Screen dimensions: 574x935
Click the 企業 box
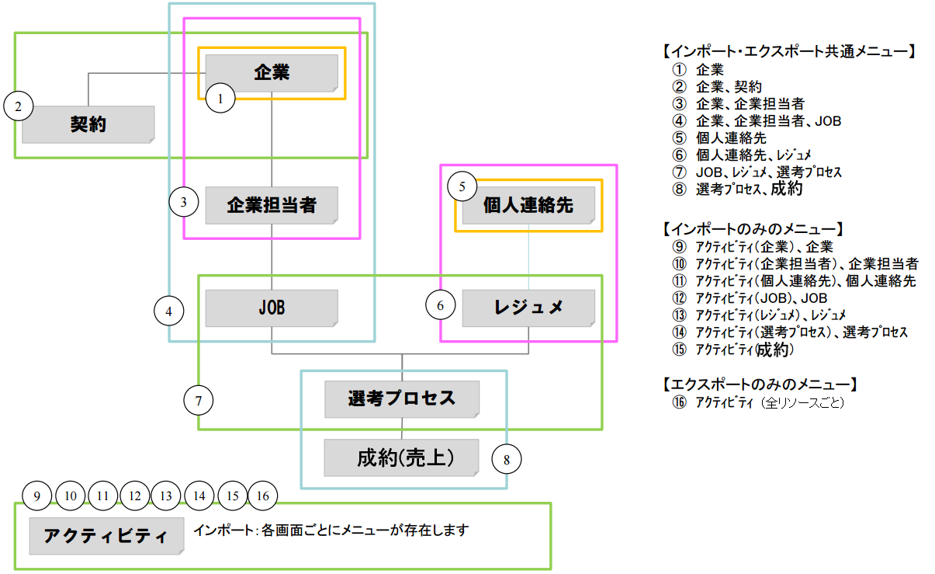[x=272, y=73]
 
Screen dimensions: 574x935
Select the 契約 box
[x=88, y=123]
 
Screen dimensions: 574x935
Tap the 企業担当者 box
[x=272, y=205]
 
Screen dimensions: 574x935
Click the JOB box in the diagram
[x=272, y=308]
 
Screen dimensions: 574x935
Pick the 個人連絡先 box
[x=528, y=205]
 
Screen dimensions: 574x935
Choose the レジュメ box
[x=528, y=308]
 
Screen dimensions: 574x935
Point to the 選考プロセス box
[x=402, y=399]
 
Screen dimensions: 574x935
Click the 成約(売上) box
[x=402, y=457]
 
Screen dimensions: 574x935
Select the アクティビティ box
[x=106, y=536]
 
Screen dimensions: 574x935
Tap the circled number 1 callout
[x=221, y=99]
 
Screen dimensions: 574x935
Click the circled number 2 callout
[x=19, y=106]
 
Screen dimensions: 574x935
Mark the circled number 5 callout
[x=462, y=186]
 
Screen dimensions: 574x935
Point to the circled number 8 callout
[x=507, y=459]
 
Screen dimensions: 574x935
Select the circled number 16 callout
[x=262, y=496]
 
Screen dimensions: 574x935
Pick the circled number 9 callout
[x=36, y=496]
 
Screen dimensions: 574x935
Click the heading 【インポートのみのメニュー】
[x=753, y=229]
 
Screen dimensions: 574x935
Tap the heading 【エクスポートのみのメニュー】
[x=758, y=384]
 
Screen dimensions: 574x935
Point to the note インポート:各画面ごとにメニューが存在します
[x=331, y=531]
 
